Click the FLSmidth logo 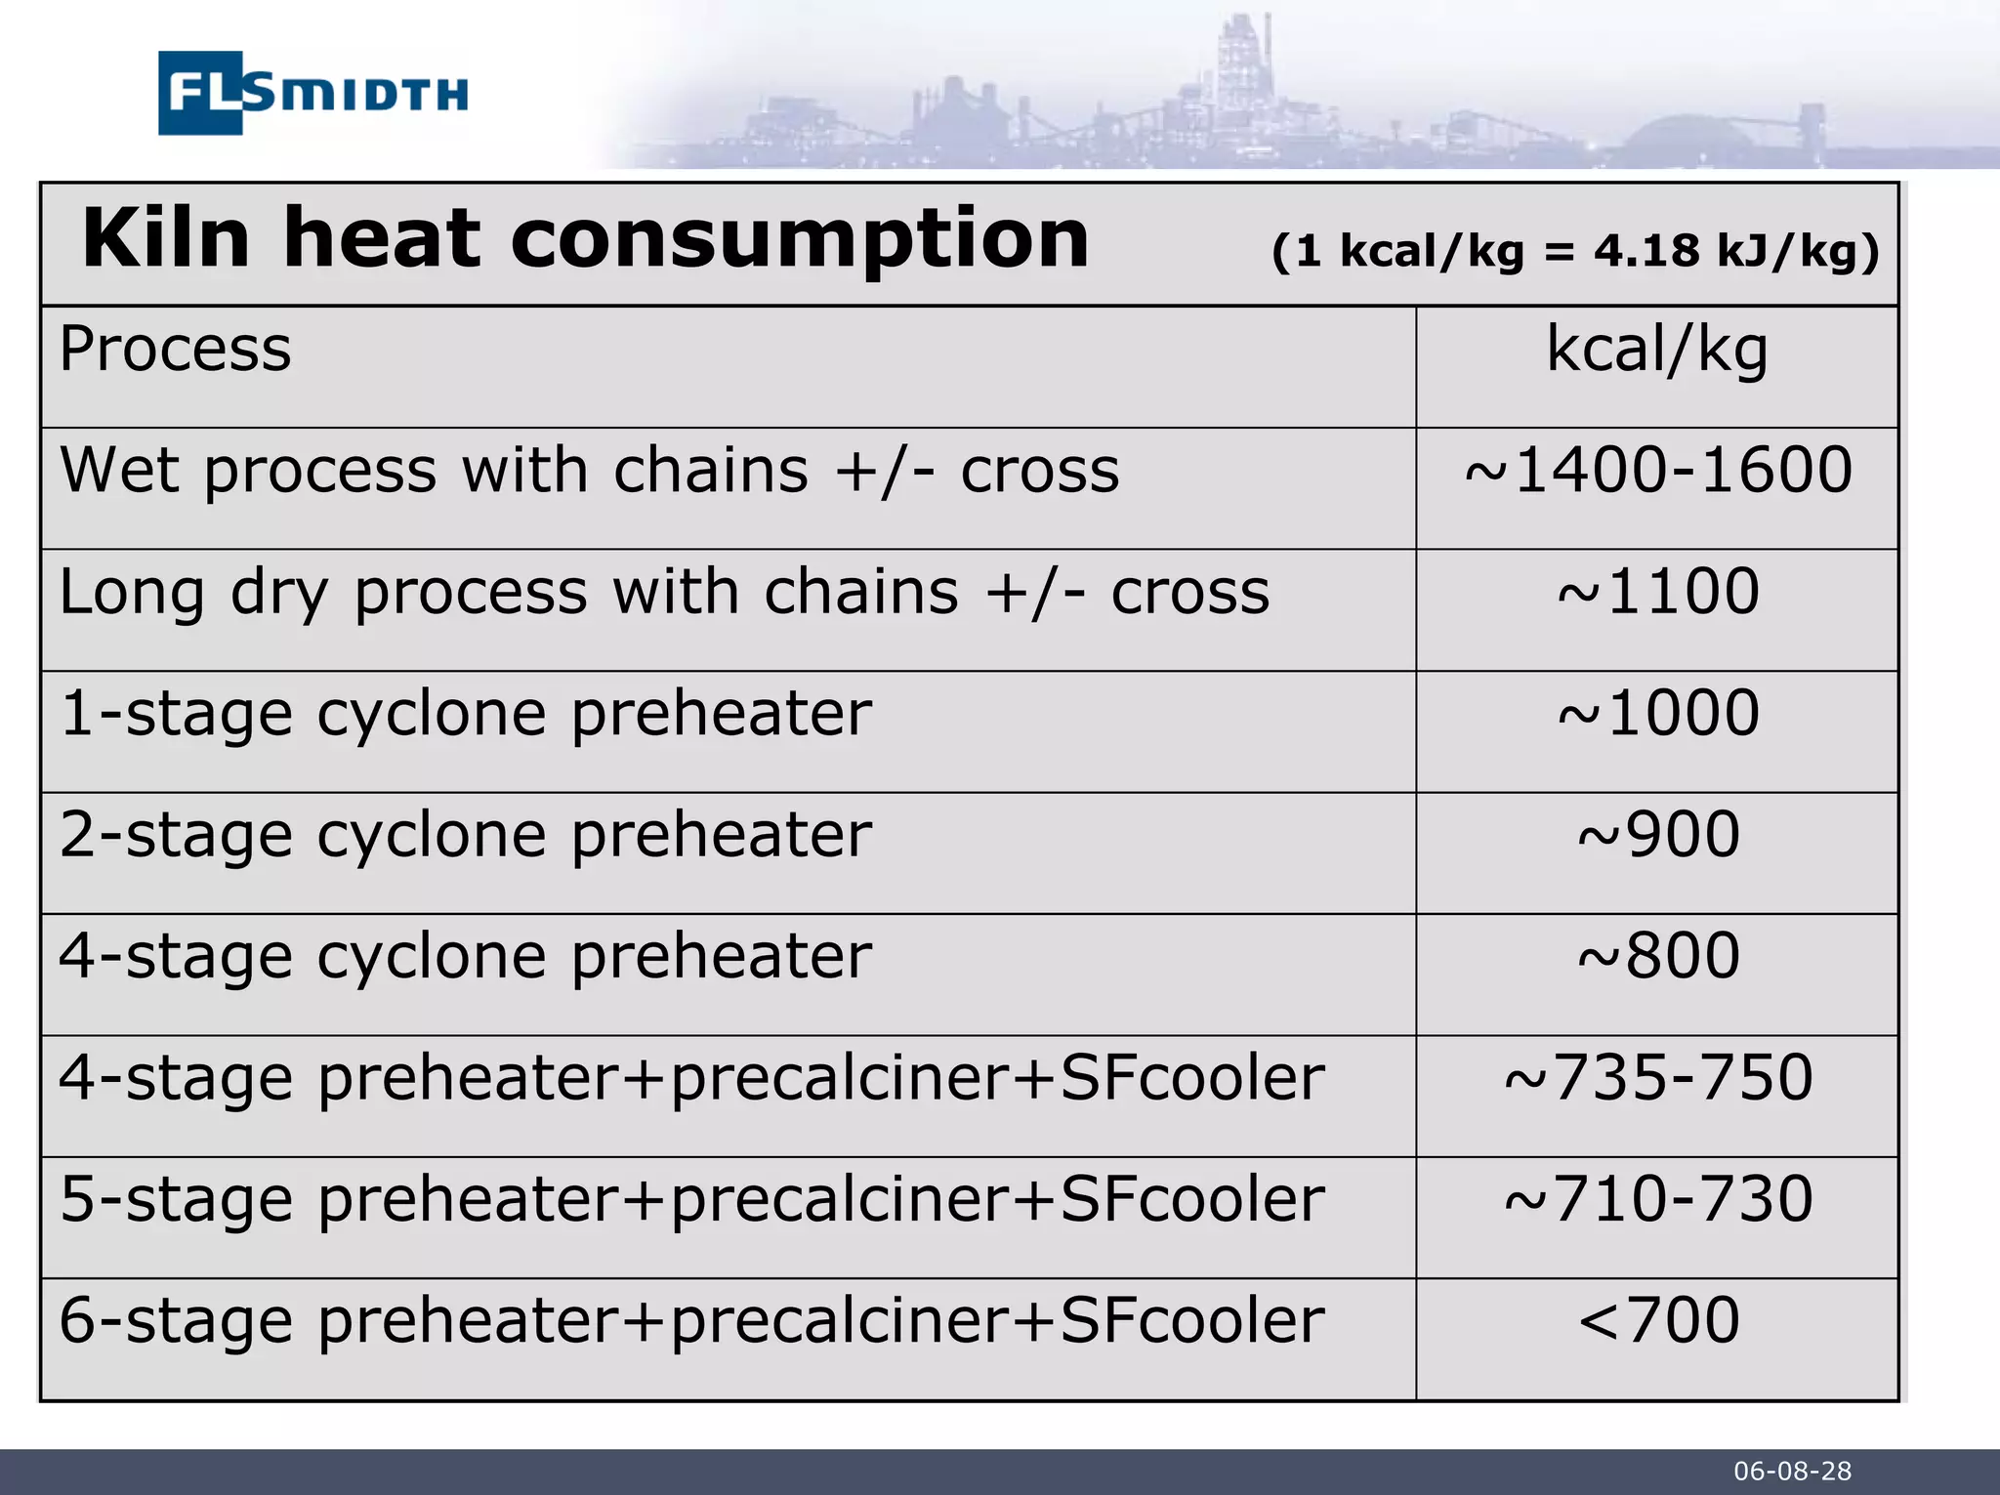[x=312, y=93]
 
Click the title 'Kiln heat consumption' [x=585, y=239]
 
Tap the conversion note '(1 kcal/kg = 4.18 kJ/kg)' [x=1574, y=252]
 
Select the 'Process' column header [x=176, y=349]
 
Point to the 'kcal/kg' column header [x=1656, y=349]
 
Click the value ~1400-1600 [x=1657, y=471]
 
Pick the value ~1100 [x=1657, y=592]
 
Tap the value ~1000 [x=1657, y=713]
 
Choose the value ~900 [x=1657, y=835]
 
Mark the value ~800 [x=1657, y=956]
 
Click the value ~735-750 [x=1657, y=1078]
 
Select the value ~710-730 [x=1657, y=1199]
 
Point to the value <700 [x=1657, y=1320]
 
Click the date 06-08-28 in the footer [x=1792, y=1472]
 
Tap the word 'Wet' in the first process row [x=119, y=471]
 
